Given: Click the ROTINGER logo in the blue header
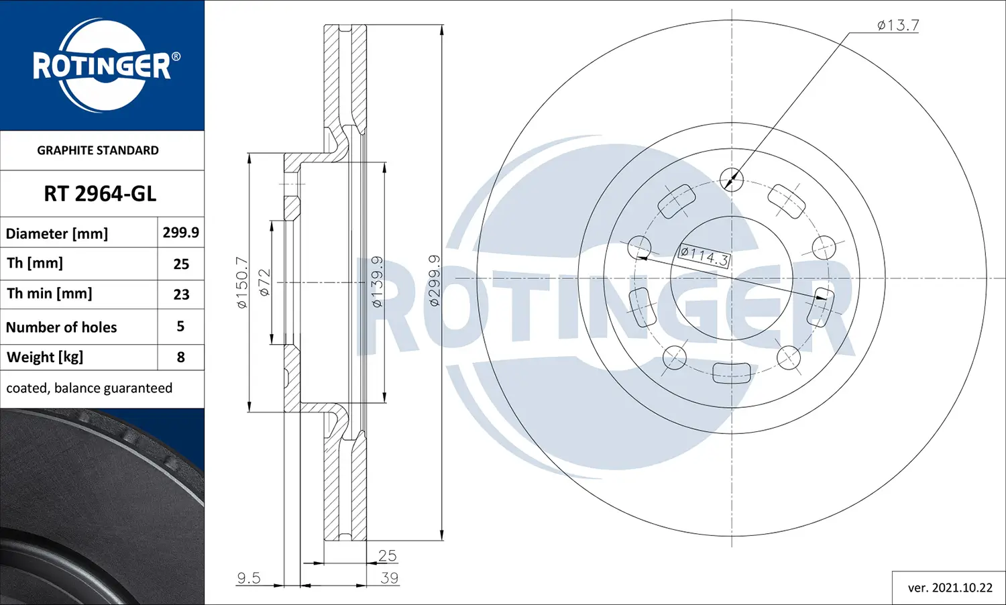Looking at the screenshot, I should tap(102, 65).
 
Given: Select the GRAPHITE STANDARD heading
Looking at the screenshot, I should tap(98, 150).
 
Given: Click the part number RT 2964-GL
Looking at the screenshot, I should tap(100, 194).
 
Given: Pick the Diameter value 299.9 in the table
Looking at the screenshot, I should tap(180, 232).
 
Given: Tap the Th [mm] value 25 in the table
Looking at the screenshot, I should tap(181, 264).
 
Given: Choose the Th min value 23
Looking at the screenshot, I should tap(181, 294).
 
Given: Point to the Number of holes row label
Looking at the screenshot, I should tap(62, 327).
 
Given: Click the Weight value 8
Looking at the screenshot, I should tap(180, 357).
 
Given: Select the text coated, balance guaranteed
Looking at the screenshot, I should tap(89, 388).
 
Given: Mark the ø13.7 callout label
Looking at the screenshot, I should tap(898, 25).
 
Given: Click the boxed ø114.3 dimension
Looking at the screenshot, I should tap(704, 256).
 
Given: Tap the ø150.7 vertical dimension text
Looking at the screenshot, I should tap(242, 282).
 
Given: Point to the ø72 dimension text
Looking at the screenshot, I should tap(264, 282).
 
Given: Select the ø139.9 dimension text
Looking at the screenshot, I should tap(377, 282).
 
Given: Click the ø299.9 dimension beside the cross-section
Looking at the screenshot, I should tap(434, 280).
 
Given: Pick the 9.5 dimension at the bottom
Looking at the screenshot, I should tap(248, 577).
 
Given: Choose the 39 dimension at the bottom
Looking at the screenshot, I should tap(389, 577).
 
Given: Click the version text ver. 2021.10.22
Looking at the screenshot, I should tap(950, 588).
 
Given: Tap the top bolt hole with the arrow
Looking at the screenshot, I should tap(731, 179).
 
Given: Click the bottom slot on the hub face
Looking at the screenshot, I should tap(731, 372).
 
